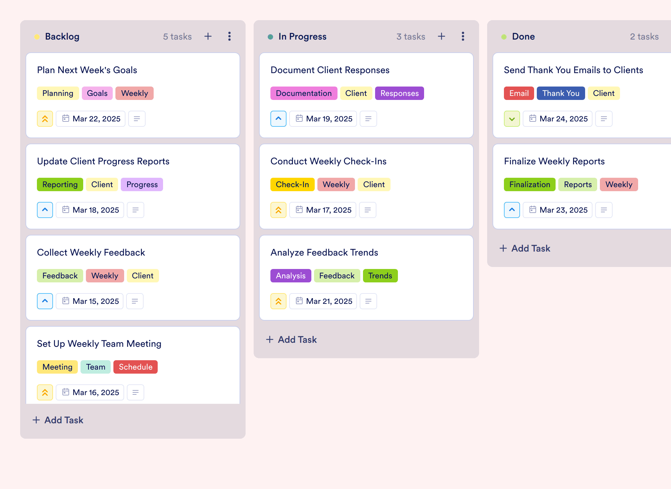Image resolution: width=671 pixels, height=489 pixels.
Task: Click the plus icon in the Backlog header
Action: pos(208,36)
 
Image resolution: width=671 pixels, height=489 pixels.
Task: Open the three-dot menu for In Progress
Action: pos(463,36)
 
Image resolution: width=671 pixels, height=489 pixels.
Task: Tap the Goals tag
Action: pos(97,93)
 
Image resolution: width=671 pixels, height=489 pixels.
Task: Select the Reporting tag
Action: pos(60,184)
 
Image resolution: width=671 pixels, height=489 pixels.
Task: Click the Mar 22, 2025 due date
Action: pos(91,119)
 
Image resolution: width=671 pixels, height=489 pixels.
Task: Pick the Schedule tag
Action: pos(136,367)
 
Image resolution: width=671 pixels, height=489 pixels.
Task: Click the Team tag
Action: pos(96,367)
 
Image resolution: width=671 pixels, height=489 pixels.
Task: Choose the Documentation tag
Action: pos(304,93)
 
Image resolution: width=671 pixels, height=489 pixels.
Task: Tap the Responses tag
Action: pos(399,93)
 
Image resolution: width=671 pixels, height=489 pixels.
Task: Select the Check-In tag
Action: pos(292,184)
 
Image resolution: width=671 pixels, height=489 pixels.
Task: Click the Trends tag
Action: pos(380,276)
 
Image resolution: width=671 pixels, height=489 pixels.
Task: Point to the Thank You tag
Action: pos(561,93)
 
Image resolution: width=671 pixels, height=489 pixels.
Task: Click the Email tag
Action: pos(519,93)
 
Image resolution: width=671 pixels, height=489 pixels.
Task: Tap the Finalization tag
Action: pos(529,184)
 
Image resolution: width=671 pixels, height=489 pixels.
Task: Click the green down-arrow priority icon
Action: pos(512,119)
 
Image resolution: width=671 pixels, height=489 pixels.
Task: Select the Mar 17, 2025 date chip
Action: pos(323,210)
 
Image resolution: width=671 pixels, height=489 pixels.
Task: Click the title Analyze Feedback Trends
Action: pos(324,252)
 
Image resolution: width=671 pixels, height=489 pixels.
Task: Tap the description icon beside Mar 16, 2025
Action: pos(136,392)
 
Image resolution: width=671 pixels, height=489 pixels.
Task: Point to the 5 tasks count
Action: pos(177,37)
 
